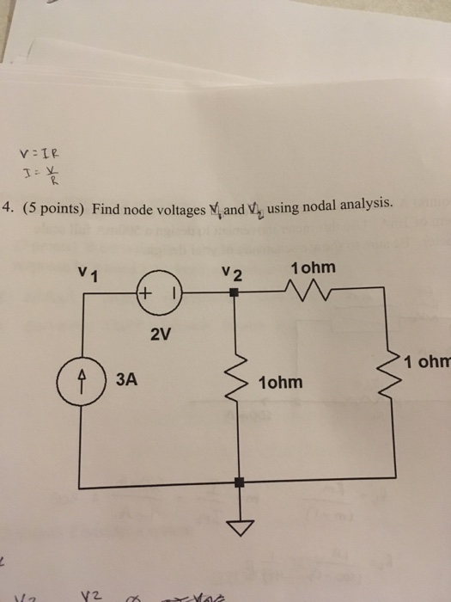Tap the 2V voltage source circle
(x=159, y=293)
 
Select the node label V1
(x=87, y=274)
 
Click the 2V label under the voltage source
(x=161, y=335)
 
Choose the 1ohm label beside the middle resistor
(x=280, y=381)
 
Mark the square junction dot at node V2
(x=236, y=293)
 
